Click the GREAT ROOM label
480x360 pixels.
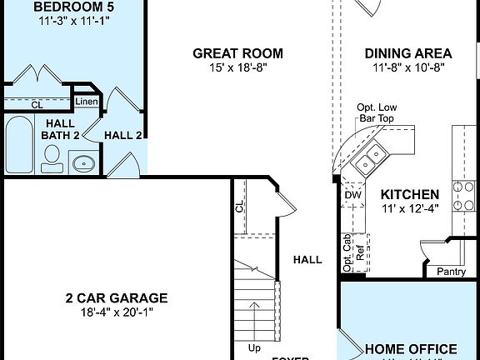[237, 53]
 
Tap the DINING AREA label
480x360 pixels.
[407, 53]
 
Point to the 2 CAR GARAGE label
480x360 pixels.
[117, 297]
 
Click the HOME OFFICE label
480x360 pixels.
[411, 349]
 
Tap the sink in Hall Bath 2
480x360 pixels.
[82, 163]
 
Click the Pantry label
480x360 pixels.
[451, 272]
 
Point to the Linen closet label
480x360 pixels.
[87, 102]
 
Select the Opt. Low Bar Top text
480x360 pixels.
[376, 113]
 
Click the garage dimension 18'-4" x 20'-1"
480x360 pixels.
[117, 312]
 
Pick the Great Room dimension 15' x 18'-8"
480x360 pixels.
[237, 68]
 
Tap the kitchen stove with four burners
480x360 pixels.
[464, 195]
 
